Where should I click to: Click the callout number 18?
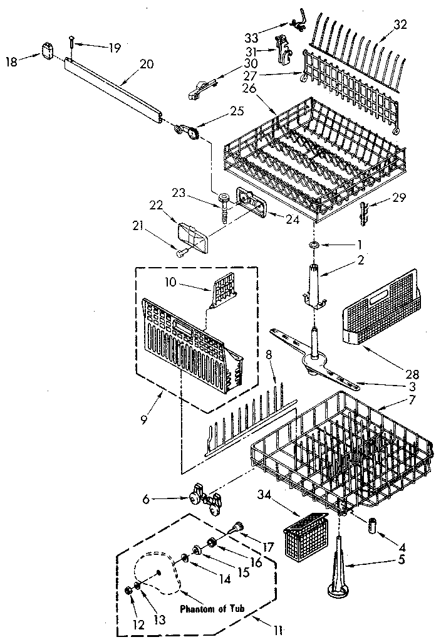coord(11,60)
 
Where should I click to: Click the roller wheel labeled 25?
coord(190,132)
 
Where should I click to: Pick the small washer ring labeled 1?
coord(316,243)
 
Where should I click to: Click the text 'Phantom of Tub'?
coord(215,608)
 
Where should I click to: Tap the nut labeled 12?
coord(128,590)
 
